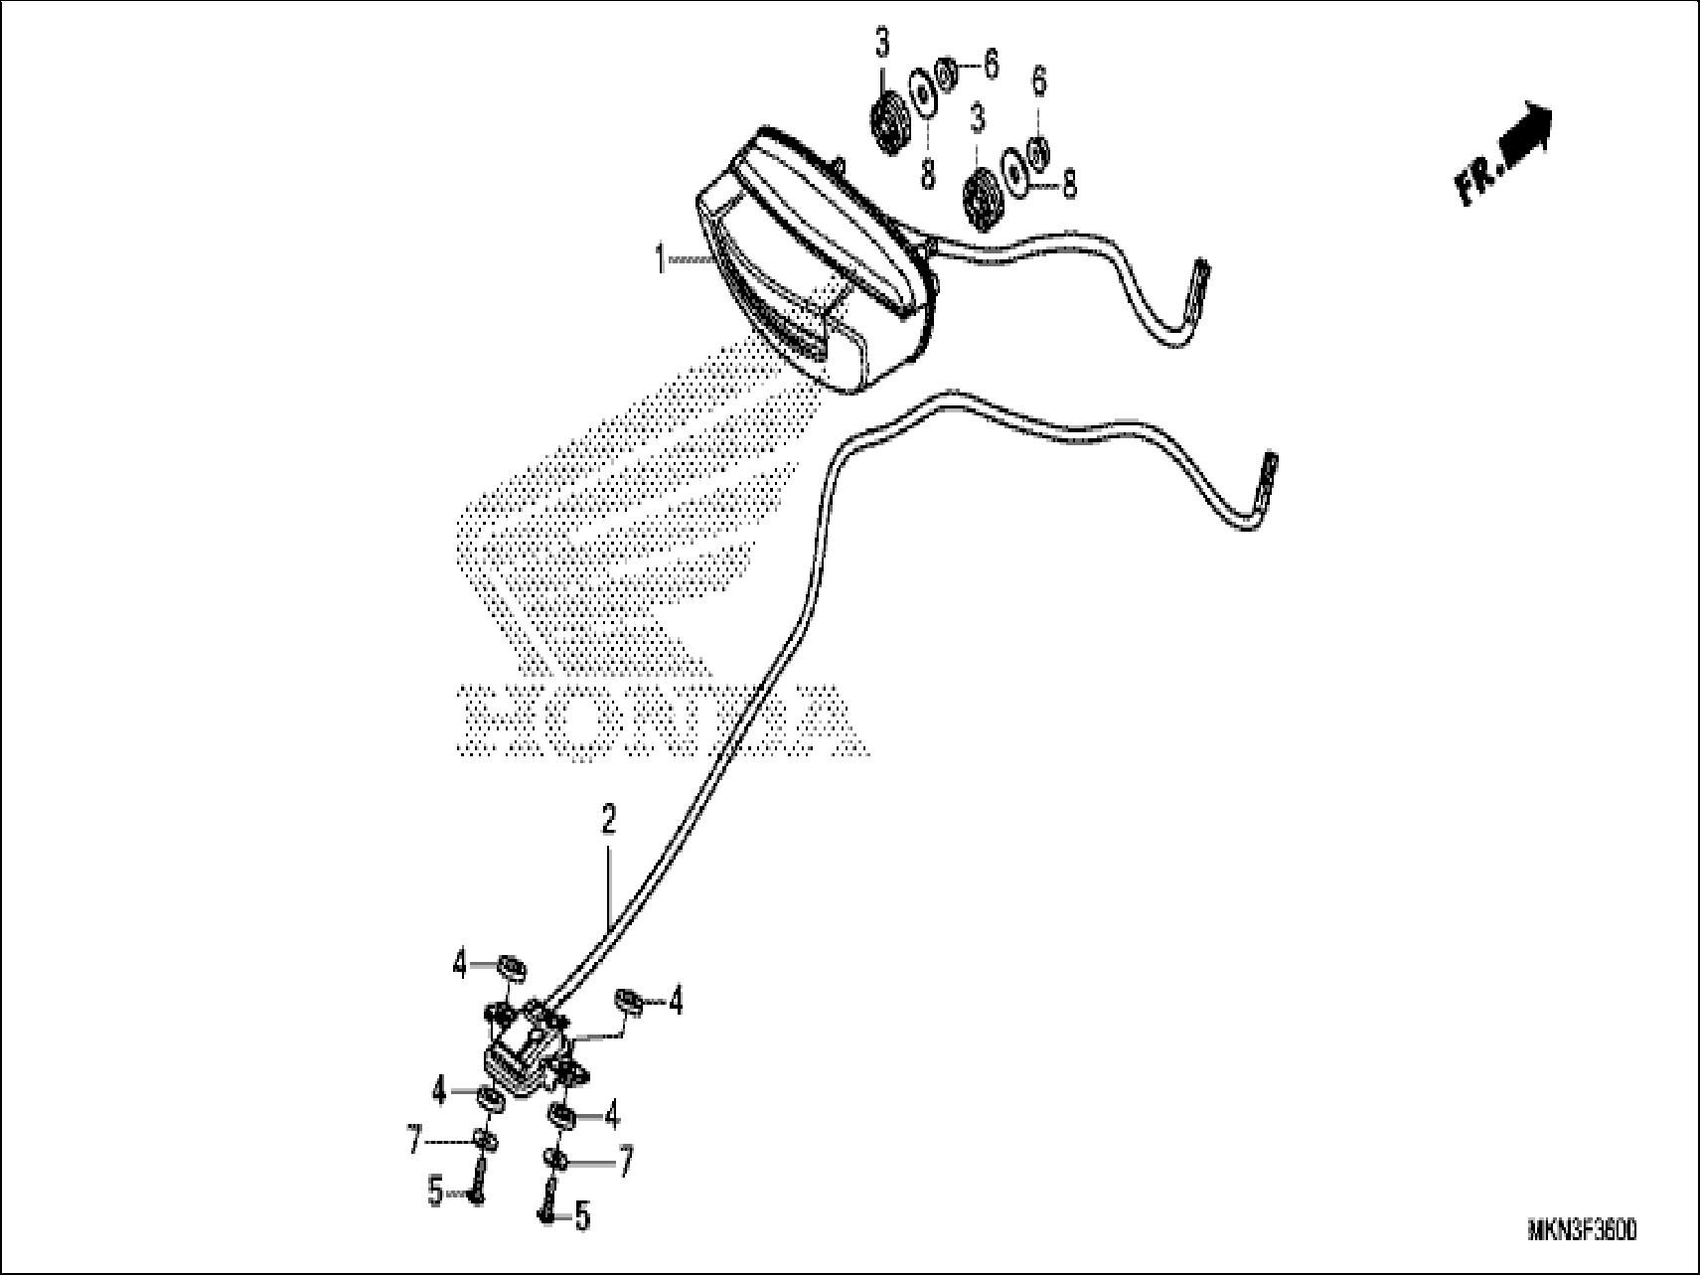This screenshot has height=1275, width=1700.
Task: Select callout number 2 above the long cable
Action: (608, 821)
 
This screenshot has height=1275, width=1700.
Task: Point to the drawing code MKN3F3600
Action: (1582, 1231)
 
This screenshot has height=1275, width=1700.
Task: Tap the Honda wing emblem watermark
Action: (636, 497)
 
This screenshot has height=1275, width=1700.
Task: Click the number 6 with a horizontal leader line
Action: (991, 65)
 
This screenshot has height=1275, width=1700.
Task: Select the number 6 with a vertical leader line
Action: (1039, 82)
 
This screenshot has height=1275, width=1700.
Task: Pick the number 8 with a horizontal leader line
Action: (1069, 184)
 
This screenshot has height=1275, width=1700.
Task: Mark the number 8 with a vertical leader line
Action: (927, 173)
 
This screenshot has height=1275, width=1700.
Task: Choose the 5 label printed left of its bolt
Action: (435, 1190)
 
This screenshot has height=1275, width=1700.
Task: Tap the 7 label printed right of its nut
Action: (624, 1160)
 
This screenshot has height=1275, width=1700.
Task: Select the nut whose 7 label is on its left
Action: (486, 1140)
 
